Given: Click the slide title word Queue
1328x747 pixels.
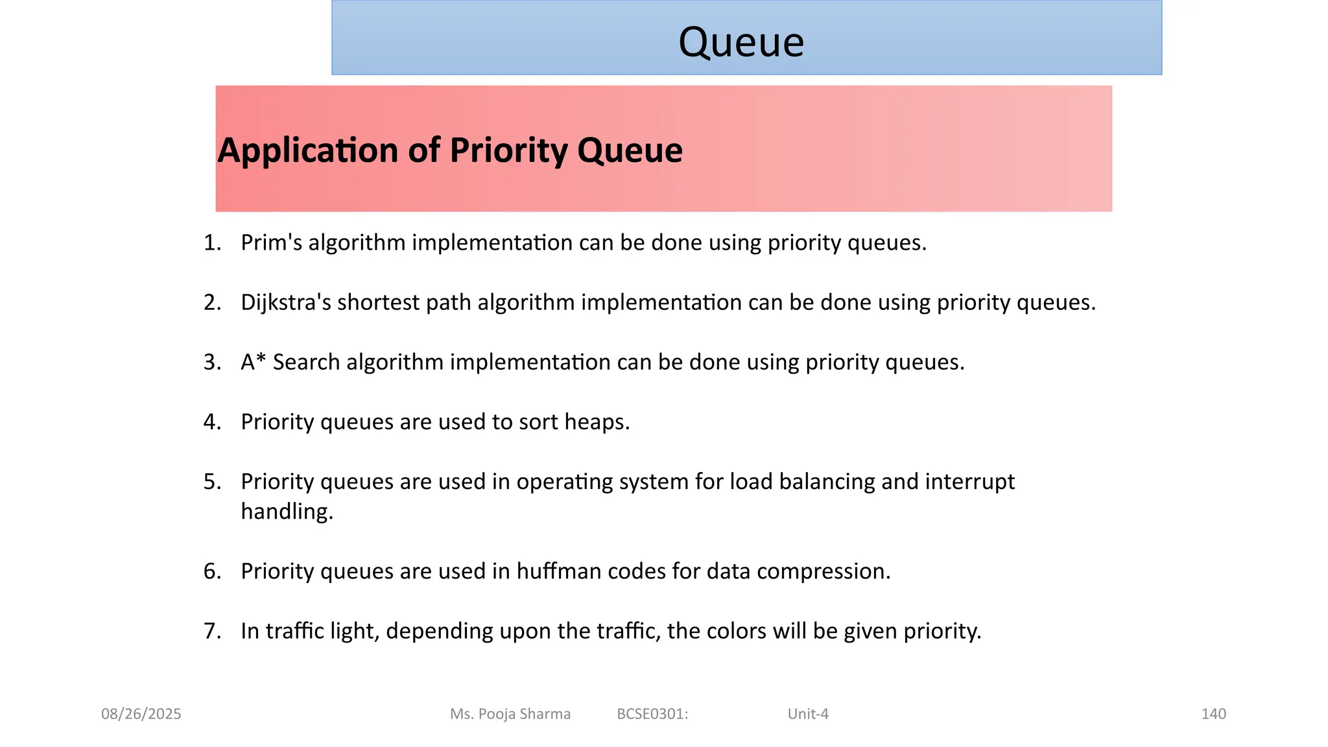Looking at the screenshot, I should (741, 42).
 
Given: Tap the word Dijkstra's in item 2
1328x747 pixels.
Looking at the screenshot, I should (286, 302).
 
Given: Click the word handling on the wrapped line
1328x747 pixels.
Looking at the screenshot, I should (286, 511).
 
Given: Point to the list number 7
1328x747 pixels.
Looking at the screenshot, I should (211, 630).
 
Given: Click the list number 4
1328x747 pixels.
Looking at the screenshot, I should (211, 421).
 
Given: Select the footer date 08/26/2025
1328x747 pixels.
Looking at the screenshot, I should (141, 714).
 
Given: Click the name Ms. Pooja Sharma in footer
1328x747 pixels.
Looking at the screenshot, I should (510, 714).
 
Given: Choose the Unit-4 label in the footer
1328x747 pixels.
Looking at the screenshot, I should (808, 714).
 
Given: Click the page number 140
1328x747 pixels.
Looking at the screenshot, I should (1213, 714).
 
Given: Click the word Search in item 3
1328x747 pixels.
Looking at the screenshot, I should (306, 362).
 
